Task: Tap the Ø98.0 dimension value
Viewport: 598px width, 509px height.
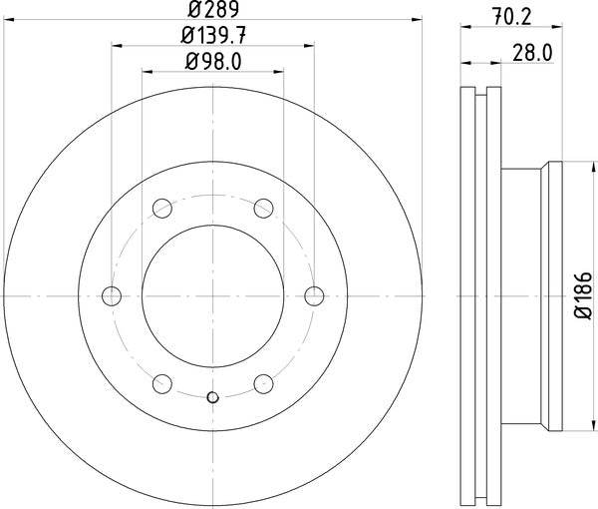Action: pos(213,62)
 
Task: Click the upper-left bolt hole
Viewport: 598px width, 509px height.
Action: pos(162,208)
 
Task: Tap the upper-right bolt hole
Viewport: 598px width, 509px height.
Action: pos(263,208)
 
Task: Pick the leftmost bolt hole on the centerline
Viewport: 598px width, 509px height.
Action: pos(112,295)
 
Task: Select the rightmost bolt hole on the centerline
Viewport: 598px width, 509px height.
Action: pos(314,295)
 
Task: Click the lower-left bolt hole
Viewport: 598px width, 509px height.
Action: pos(162,383)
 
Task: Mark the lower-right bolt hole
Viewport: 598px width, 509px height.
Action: pos(263,383)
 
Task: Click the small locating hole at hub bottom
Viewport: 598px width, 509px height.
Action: pos(212,398)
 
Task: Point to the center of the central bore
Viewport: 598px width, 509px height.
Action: pos(212,295)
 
